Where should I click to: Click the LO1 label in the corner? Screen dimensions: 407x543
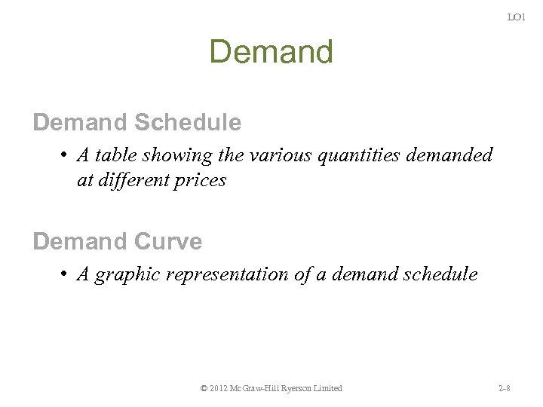[x=516, y=17]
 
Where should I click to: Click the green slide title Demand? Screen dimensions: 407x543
[x=271, y=52]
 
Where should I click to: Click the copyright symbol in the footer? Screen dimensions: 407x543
[x=204, y=388]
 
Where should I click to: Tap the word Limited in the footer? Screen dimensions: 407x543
[x=327, y=388]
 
